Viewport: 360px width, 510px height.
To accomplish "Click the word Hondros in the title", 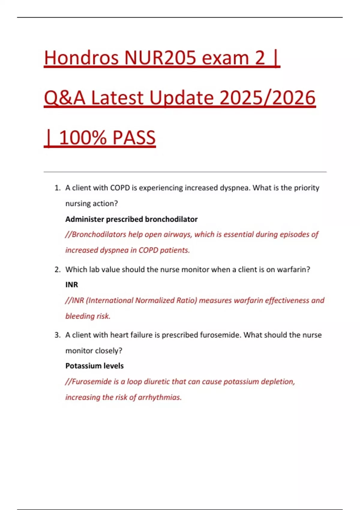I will click(x=81, y=58).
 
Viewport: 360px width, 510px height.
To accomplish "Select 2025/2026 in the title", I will click(x=268, y=98).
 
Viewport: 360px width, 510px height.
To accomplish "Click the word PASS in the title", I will click(x=134, y=138).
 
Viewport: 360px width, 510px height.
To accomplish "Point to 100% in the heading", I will click(x=83, y=138).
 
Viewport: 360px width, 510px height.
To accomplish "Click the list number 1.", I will click(x=57, y=188).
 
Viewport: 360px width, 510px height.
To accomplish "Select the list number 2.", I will click(x=57, y=270).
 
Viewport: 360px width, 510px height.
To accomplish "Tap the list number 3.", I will click(x=57, y=335).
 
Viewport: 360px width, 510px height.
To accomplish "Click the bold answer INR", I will click(x=72, y=285).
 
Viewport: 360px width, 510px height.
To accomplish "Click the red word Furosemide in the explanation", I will click(x=92, y=382).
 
